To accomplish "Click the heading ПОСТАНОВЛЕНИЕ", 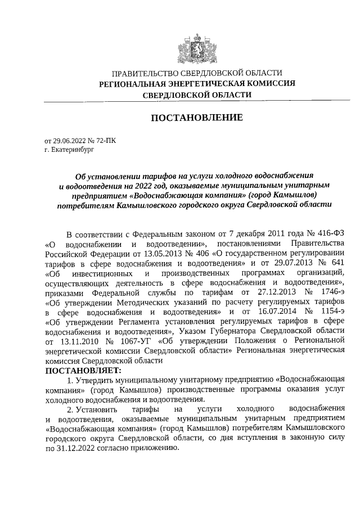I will click(x=196, y=118).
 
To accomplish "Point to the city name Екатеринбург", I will click(x=70, y=150).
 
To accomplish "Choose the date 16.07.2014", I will click(x=269, y=312).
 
